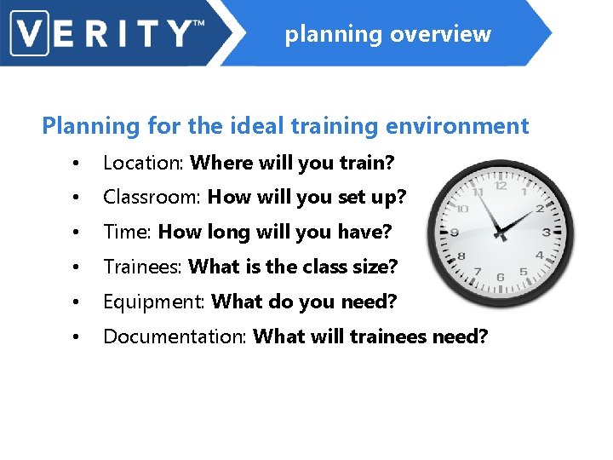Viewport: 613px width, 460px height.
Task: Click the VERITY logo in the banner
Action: click(x=107, y=34)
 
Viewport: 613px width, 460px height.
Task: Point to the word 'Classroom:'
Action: click(x=152, y=197)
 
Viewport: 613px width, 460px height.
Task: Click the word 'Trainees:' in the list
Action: click(x=142, y=267)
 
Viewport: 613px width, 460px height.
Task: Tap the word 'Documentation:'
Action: click(x=175, y=336)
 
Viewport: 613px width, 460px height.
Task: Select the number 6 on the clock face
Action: click(x=501, y=277)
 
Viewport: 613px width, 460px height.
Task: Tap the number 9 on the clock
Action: click(x=455, y=231)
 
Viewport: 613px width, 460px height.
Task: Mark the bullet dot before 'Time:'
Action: click(x=77, y=233)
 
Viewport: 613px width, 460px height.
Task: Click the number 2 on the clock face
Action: click(x=540, y=208)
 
